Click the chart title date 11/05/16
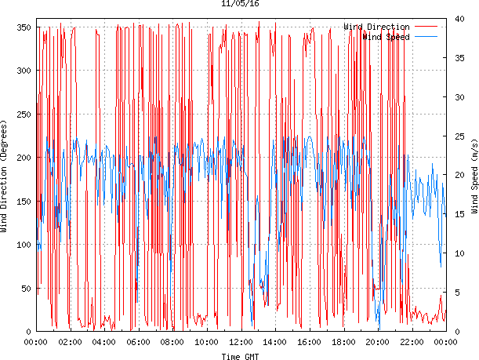[240, 4]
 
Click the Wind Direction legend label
[376, 27]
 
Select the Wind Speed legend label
[386, 37]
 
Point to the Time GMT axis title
[240, 355]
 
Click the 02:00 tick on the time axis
[71, 342]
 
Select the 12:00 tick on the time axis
[241, 342]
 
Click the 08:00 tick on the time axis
[172, 342]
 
